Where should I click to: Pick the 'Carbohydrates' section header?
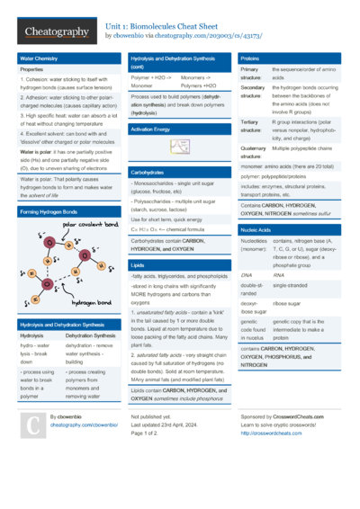(x=147, y=171)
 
